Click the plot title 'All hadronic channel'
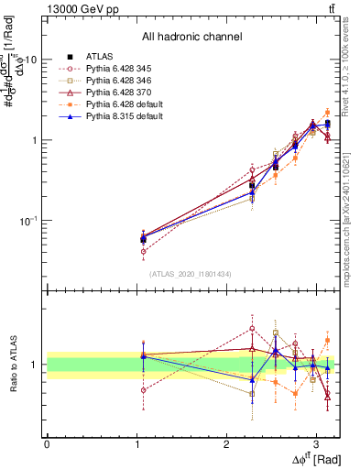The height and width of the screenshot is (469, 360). pos(191,38)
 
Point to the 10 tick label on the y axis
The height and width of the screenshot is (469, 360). pos(31,59)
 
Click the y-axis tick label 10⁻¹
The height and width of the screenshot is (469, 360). pos(29,221)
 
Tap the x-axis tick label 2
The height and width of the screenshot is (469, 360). pos(226,443)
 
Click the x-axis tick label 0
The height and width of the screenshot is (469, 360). pos(47,443)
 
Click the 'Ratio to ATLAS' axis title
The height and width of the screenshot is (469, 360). pos(14,365)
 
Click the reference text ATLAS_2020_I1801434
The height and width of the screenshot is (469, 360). pos(191,273)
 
